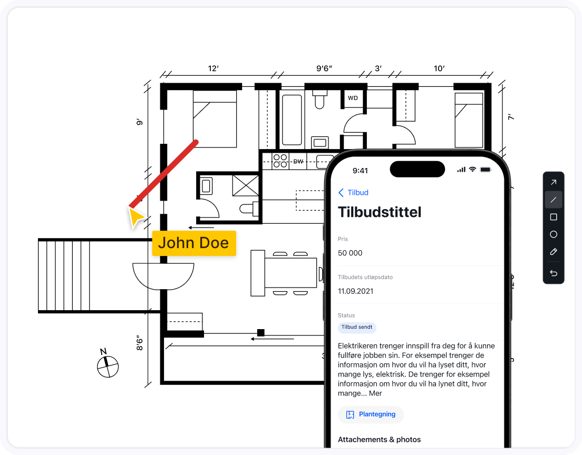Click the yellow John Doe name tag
coord(194,243)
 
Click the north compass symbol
coord(108,365)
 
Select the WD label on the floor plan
coord(353,98)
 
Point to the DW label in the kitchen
coord(298,162)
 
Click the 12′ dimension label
coord(213,68)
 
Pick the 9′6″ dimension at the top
coord(324,68)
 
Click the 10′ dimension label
coord(439,68)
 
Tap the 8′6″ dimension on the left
coord(140,343)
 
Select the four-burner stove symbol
coord(280,161)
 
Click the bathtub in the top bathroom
coord(292,120)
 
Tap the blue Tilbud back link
coord(353,192)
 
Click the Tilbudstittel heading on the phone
coord(380,212)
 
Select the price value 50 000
coord(350,253)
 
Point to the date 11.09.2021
coord(356,291)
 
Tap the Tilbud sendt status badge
coord(357,327)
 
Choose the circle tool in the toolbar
coord(554,234)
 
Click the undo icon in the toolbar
coord(554,273)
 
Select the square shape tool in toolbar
coord(554,217)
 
